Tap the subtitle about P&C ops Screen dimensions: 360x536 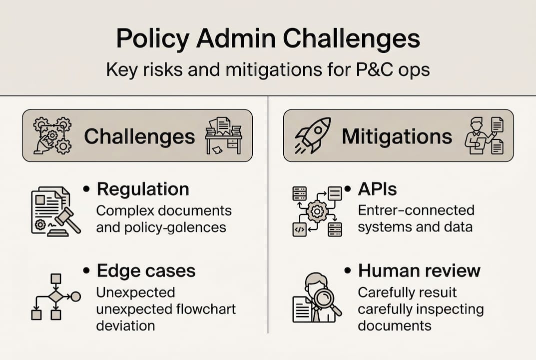(x=268, y=69)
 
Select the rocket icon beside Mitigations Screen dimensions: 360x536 (x=313, y=135)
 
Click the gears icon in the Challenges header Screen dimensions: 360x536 (x=52, y=135)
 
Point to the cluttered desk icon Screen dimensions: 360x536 (x=223, y=135)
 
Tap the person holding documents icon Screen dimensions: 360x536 (x=484, y=135)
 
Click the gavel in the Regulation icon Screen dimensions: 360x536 (x=67, y=220)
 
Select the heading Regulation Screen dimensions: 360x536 (x=143, y=189)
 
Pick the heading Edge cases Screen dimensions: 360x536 (x=146, y=270)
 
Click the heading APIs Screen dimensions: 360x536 (x=377, y=189)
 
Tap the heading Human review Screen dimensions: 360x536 (x=419, y=270)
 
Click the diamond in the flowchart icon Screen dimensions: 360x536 (x=55, y=297)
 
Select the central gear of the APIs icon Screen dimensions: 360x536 (x=317, y=211)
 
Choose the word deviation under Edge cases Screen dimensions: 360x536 (x=125, y=325)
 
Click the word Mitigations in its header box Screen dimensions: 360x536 (x=397, y=136)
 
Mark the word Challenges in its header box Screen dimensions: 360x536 (x=139, y=136)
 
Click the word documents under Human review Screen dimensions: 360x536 (x=394, y=325)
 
